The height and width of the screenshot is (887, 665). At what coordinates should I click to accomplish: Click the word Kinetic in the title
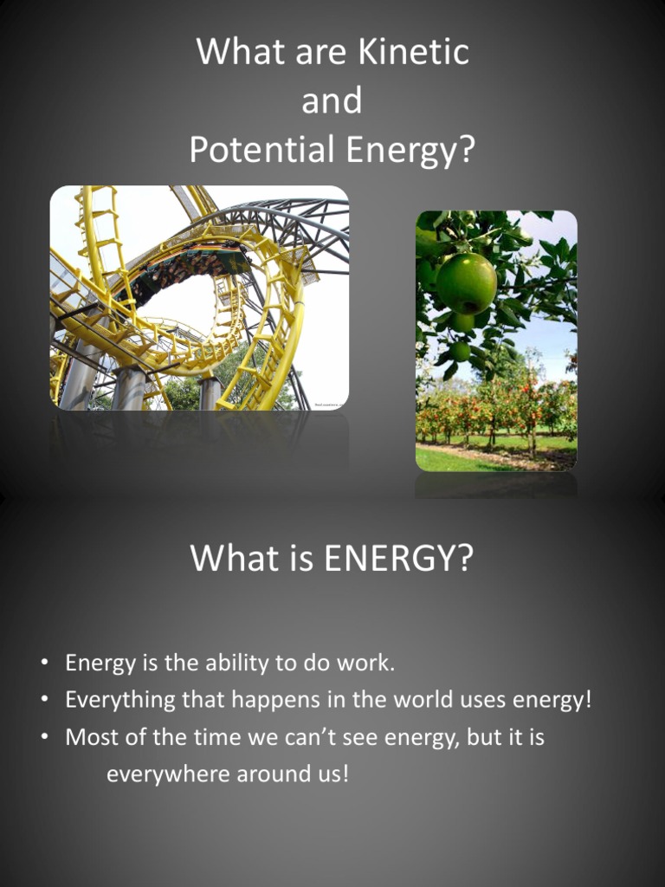point(414,52)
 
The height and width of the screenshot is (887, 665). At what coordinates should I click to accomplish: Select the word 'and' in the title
point(332,101)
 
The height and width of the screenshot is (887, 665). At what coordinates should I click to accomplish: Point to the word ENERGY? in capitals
point(398,559)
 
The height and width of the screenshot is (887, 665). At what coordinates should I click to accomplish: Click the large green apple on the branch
point(466,282)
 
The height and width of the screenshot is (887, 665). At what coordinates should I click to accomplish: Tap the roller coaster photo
point(199,297)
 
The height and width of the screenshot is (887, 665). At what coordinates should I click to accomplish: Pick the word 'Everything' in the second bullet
point(120,700)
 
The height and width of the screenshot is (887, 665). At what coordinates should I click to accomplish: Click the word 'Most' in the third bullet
point(89,737)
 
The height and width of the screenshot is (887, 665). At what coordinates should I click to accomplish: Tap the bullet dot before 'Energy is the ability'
point(44,664)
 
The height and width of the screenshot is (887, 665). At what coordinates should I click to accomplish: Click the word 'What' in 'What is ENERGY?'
point(227,559)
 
